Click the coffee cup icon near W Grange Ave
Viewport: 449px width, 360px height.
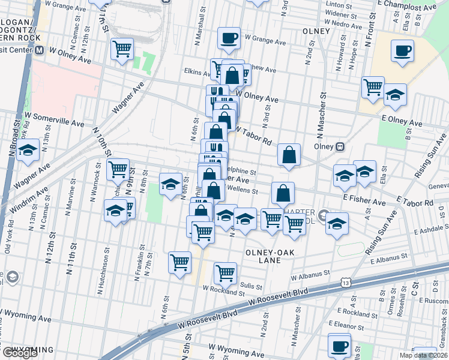click(229, 39)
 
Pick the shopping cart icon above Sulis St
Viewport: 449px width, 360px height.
click(225, 273)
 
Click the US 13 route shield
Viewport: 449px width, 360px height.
click(345, 282)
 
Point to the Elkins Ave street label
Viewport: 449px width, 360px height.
click(196, 71)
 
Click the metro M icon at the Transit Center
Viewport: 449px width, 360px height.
click(39, 52)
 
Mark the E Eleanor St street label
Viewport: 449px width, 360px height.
click(355, 325)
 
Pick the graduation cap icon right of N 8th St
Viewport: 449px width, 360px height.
click(170, 185)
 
